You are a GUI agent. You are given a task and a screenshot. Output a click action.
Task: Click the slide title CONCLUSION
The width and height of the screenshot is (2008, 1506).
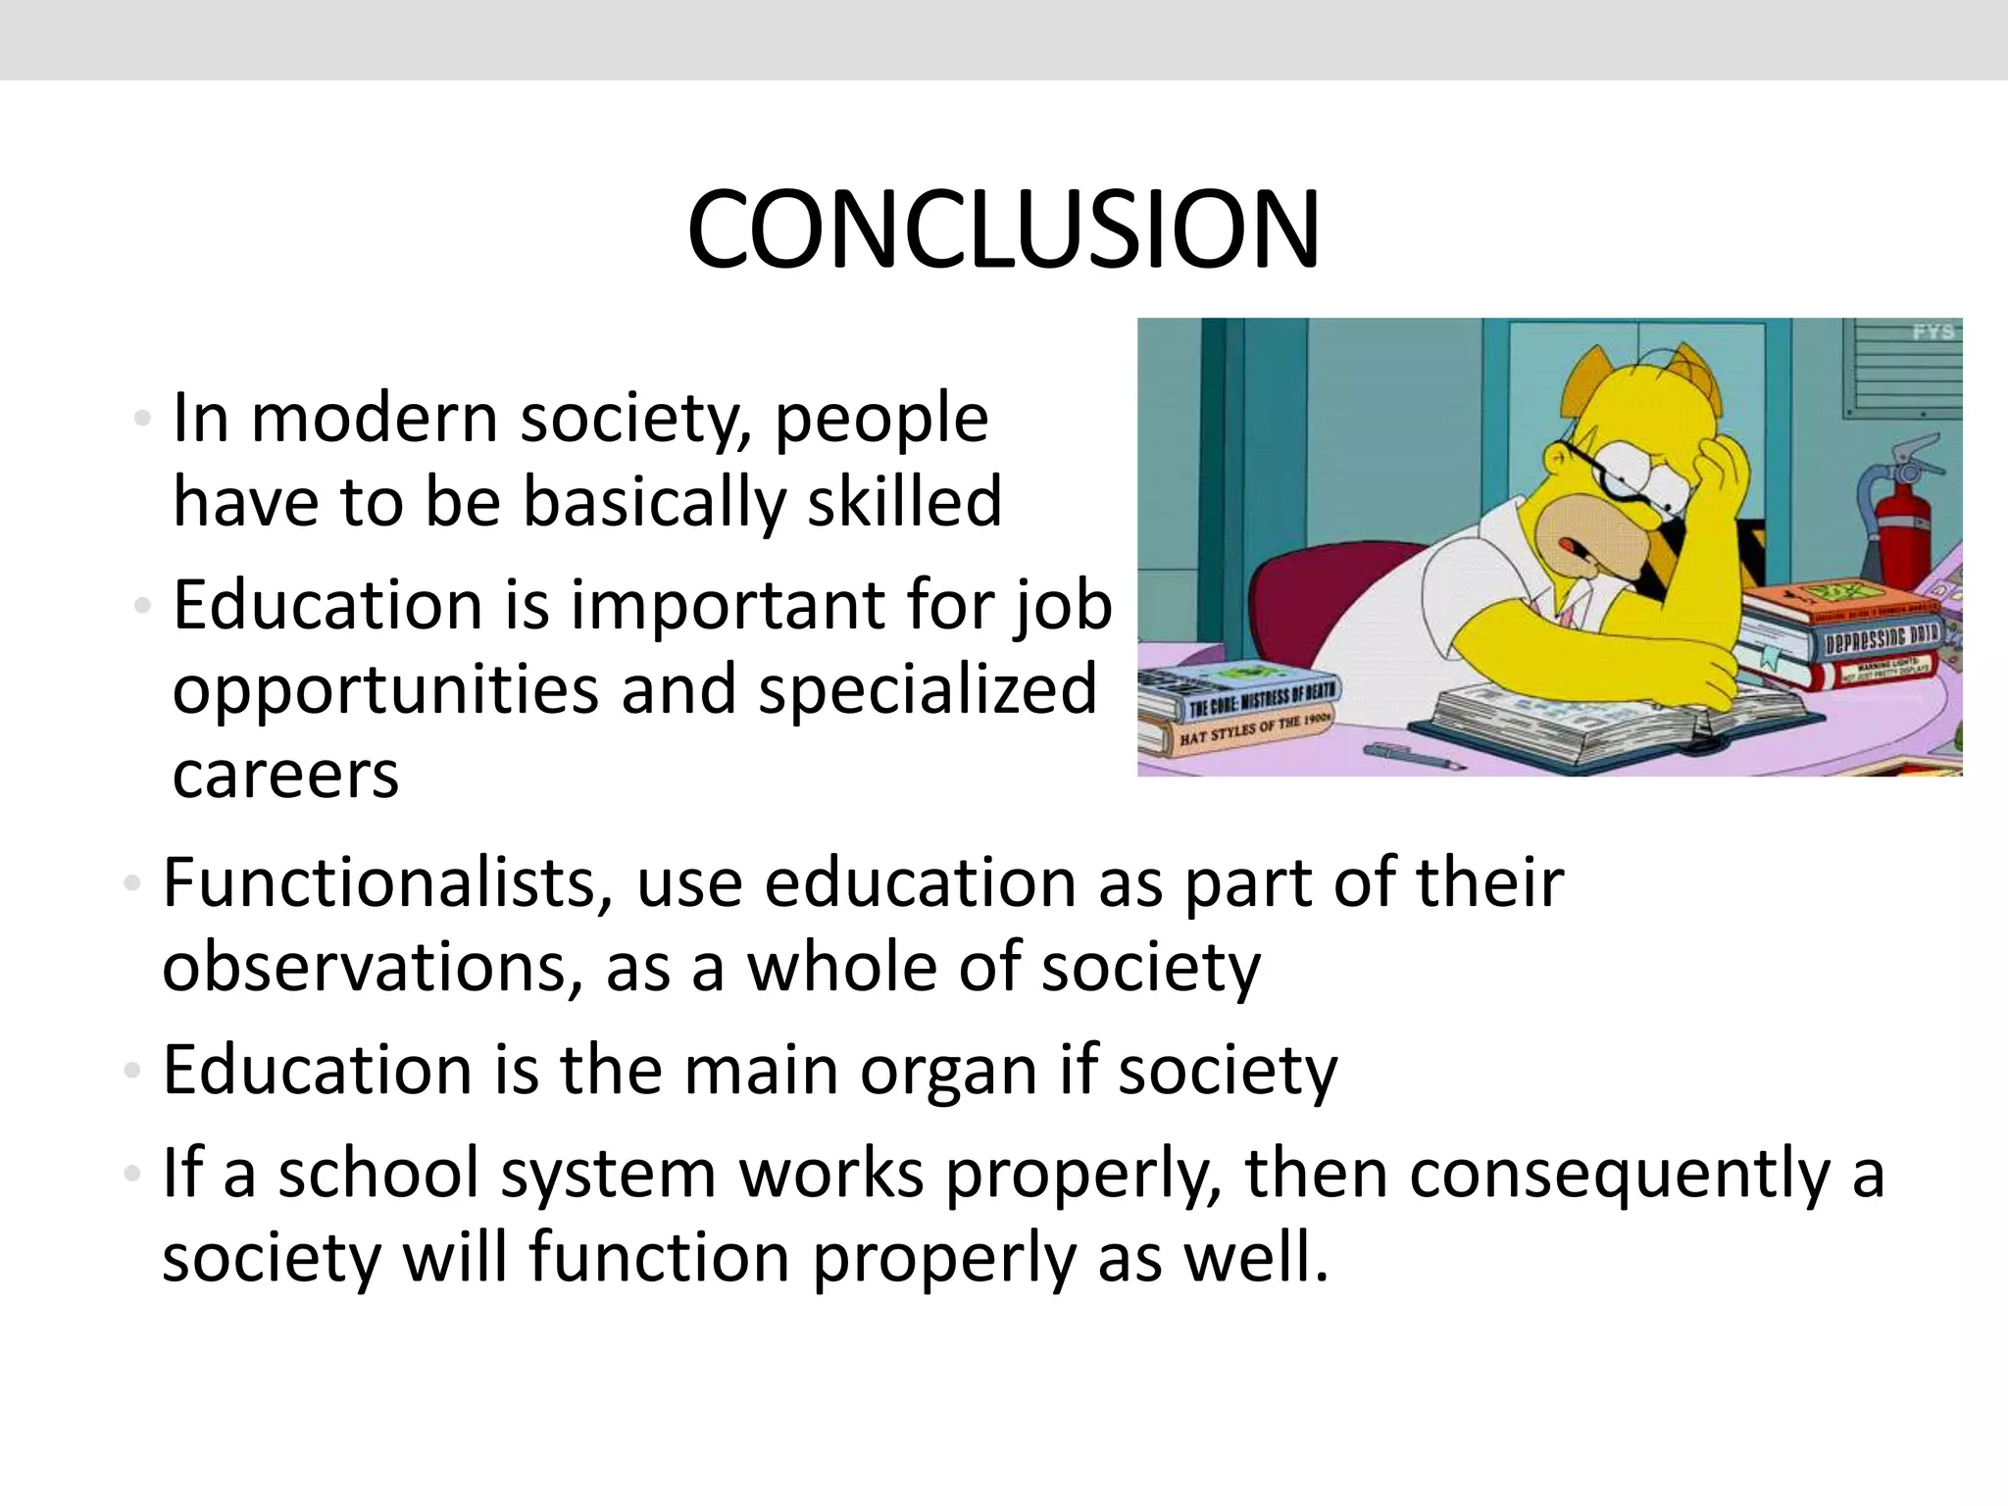coord(1003,231)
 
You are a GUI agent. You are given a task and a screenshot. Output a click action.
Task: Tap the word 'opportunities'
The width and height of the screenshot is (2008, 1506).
coord(384,690)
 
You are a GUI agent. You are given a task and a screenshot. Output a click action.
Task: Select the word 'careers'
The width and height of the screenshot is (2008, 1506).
coord(285,775)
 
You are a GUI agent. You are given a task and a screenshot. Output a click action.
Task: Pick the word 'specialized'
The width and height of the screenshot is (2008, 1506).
coord(927,689)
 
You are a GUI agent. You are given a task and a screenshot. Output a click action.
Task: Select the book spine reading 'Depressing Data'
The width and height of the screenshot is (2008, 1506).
coord(1880,639)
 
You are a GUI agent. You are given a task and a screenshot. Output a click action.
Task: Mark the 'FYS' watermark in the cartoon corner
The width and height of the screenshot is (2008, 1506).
coord(1932,332)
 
